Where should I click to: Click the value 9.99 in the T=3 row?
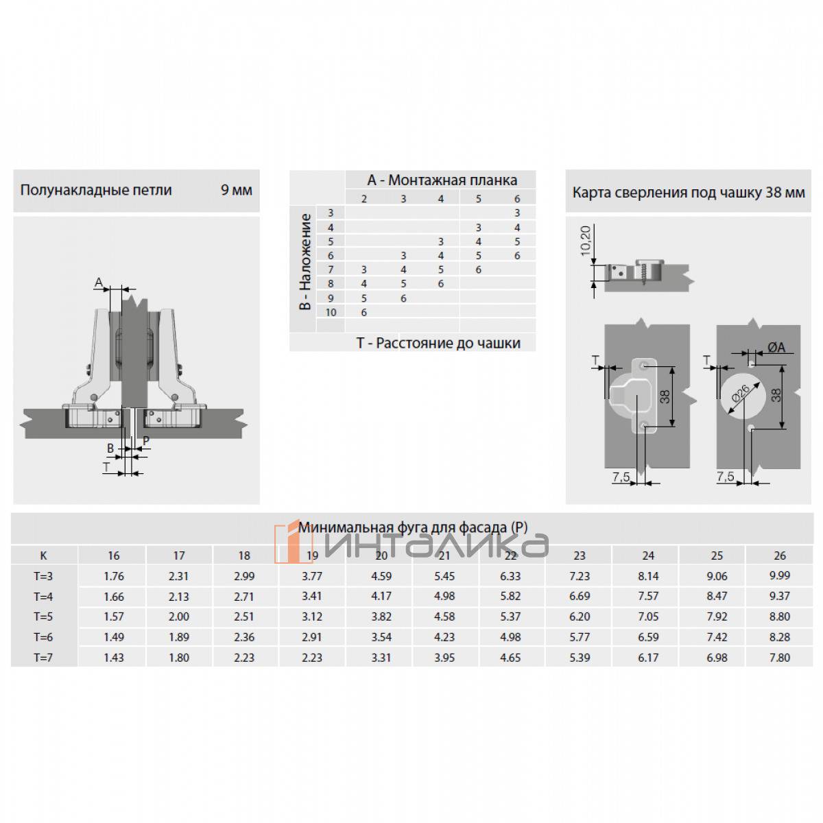tap(779, 575)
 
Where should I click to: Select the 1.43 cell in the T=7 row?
tap(114, 658)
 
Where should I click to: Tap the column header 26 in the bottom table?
tap(779, 556)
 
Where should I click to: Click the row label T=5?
tap(43, 617)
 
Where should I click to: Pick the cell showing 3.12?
tap(312, 617)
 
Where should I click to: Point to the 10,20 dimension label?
tap(586, 241)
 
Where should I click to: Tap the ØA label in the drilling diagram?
tap(776, 348)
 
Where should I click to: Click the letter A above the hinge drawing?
tap(99, 283)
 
